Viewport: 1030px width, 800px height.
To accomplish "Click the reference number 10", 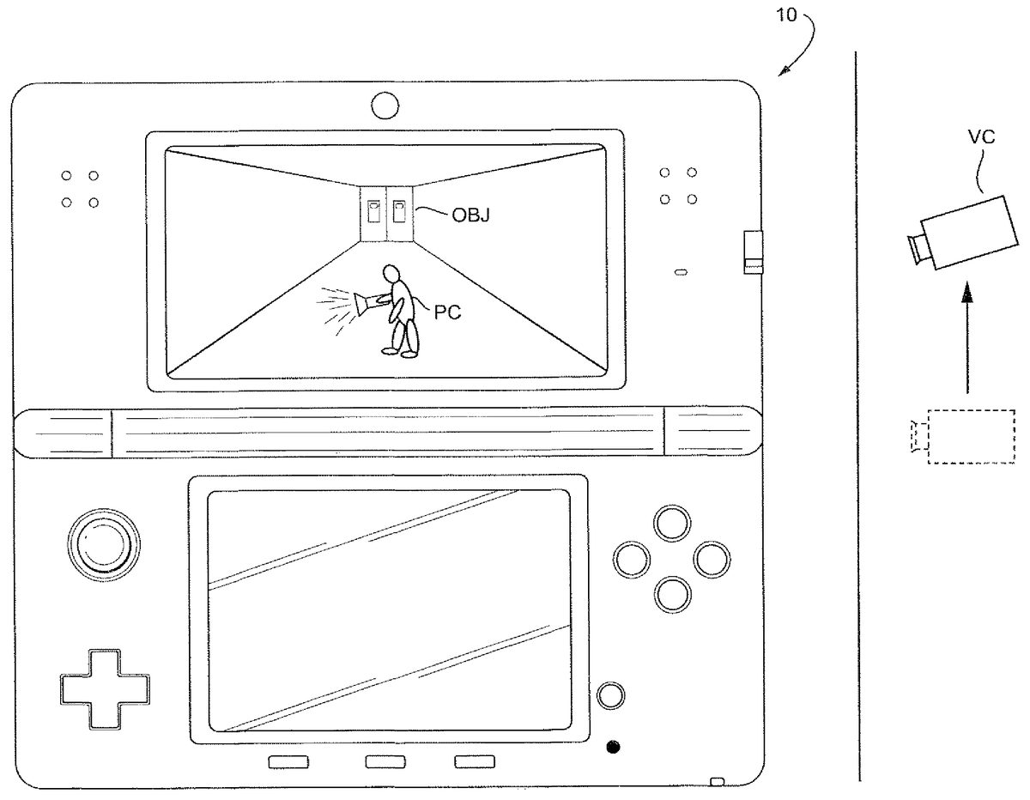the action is pyautogui.click(x=786, y=15).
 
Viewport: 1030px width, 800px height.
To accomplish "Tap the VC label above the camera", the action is pyautogui.click(x=981, y=137).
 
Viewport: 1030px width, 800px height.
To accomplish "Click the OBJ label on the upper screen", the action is pyautogui.click(x=470, y=215).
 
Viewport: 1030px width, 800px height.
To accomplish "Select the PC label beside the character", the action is pyautogui.click(x=447, y=312).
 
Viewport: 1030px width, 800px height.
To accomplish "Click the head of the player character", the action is pyautogui.click(x=391, y=274).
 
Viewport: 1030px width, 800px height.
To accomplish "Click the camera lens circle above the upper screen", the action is pyautogui.click(x=385, y=106).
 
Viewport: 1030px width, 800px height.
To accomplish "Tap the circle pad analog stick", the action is pyautogui.click(x=104, y=544).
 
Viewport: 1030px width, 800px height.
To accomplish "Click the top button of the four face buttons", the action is pyautogui.click(x=672, y=524).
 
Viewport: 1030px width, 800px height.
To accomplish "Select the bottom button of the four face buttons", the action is pyautogui.click(x=672, y=594).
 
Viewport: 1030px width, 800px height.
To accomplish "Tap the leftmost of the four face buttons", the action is pyautogui.click(x=632, y=560).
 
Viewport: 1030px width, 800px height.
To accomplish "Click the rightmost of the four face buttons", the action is pyautogui.click(x=712, y=560).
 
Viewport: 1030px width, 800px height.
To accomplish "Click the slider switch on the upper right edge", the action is pyautogui.click(x=753, y=252).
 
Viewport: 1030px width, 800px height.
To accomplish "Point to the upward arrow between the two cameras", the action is pyautogui.click(x=967, y=338).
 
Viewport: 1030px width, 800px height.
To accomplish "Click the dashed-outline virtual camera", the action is pyautogui.click(x=962, y=437).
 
